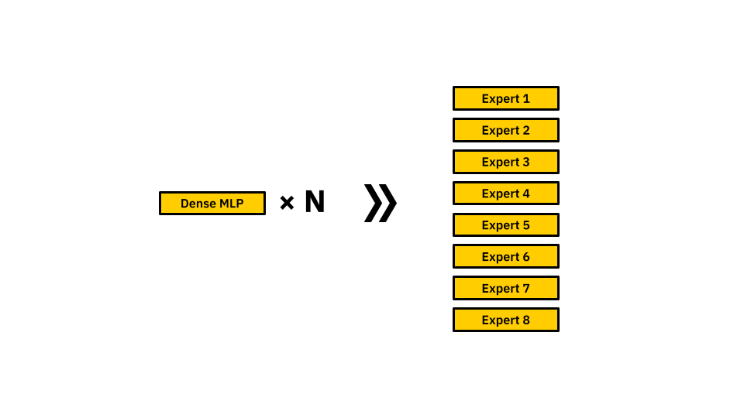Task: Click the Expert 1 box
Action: pos(506,98)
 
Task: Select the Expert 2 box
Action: pos(506,130)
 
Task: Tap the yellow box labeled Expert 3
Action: pos(506,162)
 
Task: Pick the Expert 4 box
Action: pos(506,193)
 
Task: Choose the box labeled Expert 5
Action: pos(506,224)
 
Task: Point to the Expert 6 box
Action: pos(506,256)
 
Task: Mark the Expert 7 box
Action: pos(506,288)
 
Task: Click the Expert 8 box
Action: pos(506,320)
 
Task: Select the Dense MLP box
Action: pos(212,204)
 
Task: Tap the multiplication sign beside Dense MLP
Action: pos(287,203)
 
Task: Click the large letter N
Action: pos(315,201)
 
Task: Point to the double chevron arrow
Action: pos(380,203)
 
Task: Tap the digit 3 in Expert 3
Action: pos(525,162)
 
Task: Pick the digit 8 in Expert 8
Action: pos(525,320)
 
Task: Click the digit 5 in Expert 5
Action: pos(525,225)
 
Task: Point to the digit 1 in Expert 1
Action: pos(525,98)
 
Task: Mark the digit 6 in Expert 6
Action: pos(525,257)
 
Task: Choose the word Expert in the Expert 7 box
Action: pos(501,289)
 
